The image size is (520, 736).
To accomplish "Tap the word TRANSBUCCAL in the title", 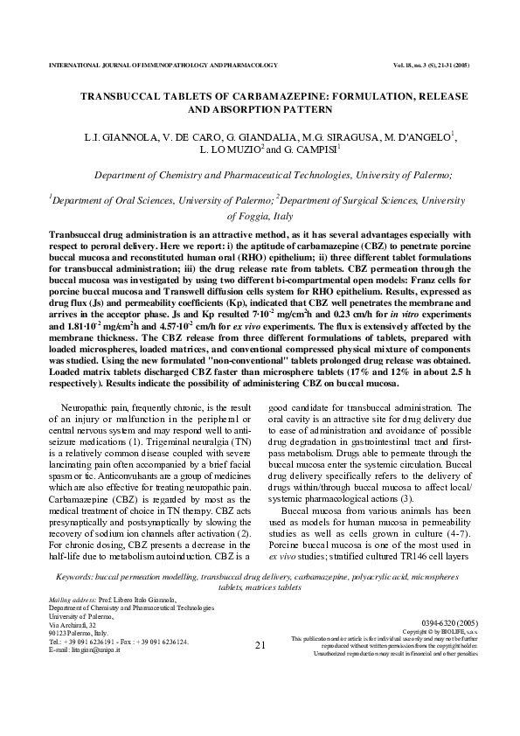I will [127, 95].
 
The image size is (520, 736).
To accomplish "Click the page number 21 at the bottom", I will [259, 646].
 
